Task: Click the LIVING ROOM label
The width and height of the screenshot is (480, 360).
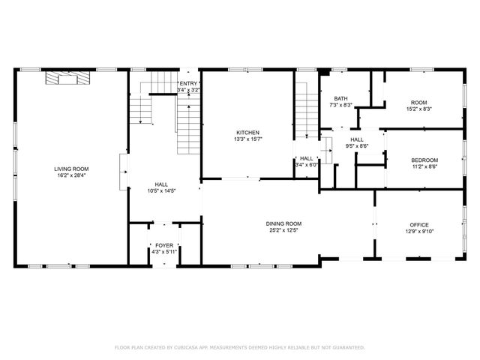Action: pos(71,169)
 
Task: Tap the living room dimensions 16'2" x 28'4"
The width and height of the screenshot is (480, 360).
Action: pos(71,176)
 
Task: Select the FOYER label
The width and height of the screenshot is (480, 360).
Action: pos(163,245)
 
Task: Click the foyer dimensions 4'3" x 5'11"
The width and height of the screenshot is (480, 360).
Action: pos(163,252)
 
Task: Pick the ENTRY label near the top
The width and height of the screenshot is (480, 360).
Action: pos(187,83)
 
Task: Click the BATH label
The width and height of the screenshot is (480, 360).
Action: pos(341,98)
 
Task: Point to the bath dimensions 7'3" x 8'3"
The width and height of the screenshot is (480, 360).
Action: pos(341,105)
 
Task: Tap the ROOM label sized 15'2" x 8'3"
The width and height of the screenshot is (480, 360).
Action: pos(418,102)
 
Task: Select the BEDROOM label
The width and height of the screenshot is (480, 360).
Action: pos(424,160)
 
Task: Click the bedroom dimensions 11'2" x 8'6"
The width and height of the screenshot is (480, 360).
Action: pos(424,167)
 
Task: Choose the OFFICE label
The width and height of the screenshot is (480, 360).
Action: pos(418,225)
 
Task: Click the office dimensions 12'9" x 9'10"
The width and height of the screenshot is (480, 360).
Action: pos(418,232)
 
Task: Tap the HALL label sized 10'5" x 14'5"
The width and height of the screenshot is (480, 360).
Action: pos(162,184)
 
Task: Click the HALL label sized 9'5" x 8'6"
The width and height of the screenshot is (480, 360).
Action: pos(357,139)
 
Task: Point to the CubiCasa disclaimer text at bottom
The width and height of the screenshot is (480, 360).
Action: pos(239,347)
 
